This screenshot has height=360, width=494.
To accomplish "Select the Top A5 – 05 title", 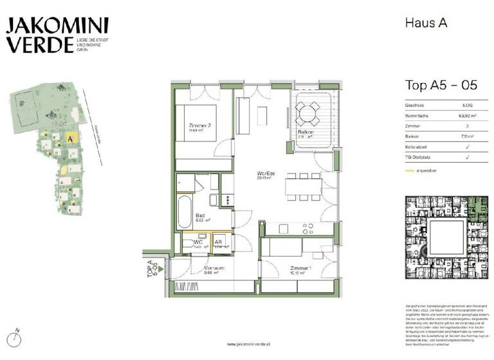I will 441,85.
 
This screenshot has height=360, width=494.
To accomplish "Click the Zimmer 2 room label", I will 200,127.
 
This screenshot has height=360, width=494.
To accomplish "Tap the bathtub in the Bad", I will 185,214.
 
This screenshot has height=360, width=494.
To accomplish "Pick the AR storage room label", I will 219,242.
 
